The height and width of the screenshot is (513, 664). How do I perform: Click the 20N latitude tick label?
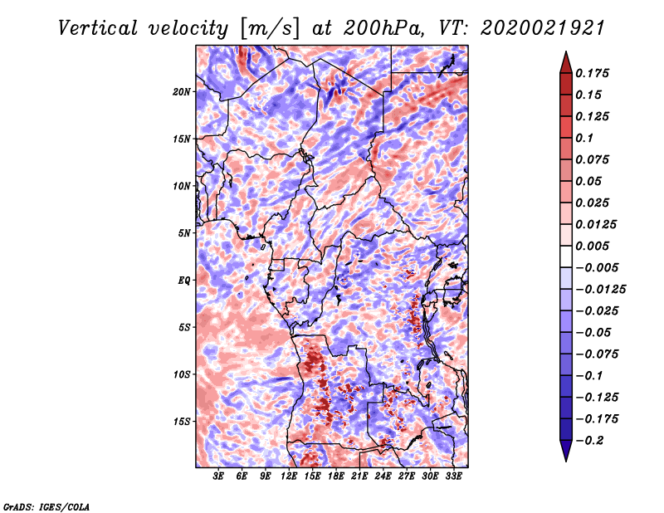[x=183, y=91]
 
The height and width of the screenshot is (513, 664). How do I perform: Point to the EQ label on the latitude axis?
[x=185, y=280]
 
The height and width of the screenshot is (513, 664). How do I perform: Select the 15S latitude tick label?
[x=183, y=421]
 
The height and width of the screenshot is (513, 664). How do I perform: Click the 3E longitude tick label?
[x=218, y=476]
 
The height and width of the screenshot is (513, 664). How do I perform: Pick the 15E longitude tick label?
[x=312, y=476]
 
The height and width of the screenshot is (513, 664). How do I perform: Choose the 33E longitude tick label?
[x=453, y=476]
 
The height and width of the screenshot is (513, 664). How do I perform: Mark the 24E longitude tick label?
[x=383, y=476]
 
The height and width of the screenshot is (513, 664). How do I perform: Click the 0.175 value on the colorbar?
[x=594, y=73]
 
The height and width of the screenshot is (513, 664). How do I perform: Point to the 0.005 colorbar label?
[x=594, y=246]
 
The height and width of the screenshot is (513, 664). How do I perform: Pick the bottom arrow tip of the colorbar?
[x=565, y=459]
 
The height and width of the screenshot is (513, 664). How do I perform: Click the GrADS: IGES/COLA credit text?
[x=45, y=506]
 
